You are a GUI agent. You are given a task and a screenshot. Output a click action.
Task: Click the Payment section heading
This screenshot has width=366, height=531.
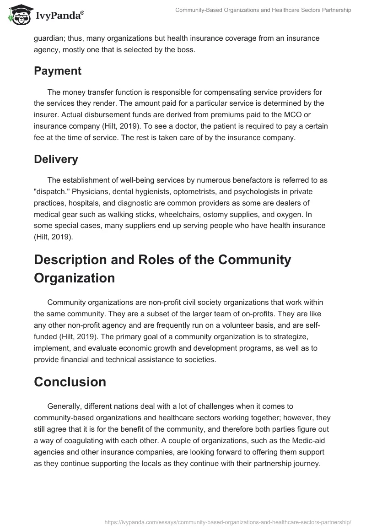58,71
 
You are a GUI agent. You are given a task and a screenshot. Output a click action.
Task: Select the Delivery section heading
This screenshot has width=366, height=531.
56,159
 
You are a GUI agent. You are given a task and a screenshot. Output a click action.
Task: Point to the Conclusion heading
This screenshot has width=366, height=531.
70,382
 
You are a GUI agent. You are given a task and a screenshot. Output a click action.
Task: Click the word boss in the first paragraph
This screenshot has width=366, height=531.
185,50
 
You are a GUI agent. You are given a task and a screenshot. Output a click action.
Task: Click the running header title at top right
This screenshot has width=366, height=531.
263,10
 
